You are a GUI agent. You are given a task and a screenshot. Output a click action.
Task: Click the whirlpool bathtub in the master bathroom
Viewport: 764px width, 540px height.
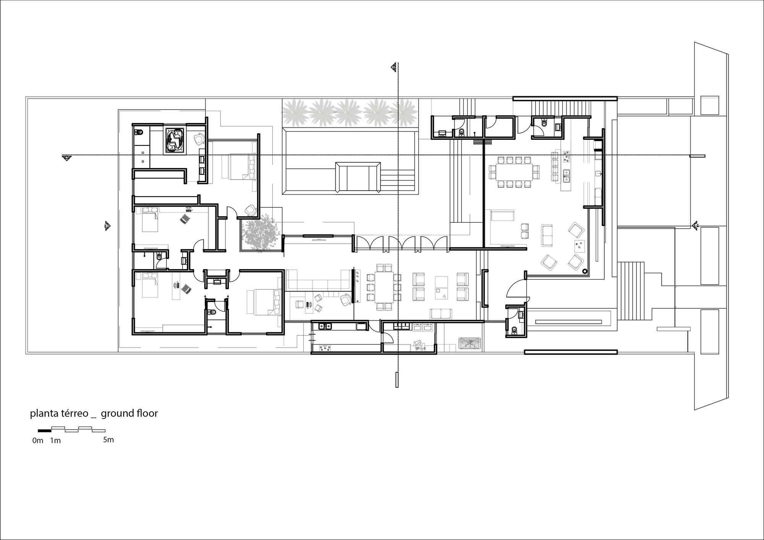click(x=175, y=141)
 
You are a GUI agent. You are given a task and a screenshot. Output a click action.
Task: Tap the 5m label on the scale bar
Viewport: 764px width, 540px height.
click(x=108, y=440)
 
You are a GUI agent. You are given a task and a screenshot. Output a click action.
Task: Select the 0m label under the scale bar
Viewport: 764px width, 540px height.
click(x=38, y=440)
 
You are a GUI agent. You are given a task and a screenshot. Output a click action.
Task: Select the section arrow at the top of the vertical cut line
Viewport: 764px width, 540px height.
click(x=394, y=68)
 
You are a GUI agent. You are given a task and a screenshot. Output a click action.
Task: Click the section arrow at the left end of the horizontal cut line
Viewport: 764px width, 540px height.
click(x=67, y=157)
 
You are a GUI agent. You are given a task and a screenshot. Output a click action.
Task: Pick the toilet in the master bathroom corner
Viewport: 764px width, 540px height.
click(x=139, y=133)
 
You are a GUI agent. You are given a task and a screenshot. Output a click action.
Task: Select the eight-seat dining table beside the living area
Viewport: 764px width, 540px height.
click(x=384, y=287)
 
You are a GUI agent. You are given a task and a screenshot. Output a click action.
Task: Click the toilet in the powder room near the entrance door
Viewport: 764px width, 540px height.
click(x=514, y=330)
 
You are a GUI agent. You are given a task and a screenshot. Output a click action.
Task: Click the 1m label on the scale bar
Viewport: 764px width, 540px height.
click(x=55, y=440)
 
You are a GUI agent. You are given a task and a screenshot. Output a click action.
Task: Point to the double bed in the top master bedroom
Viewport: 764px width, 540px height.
click(x=242, y=166)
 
